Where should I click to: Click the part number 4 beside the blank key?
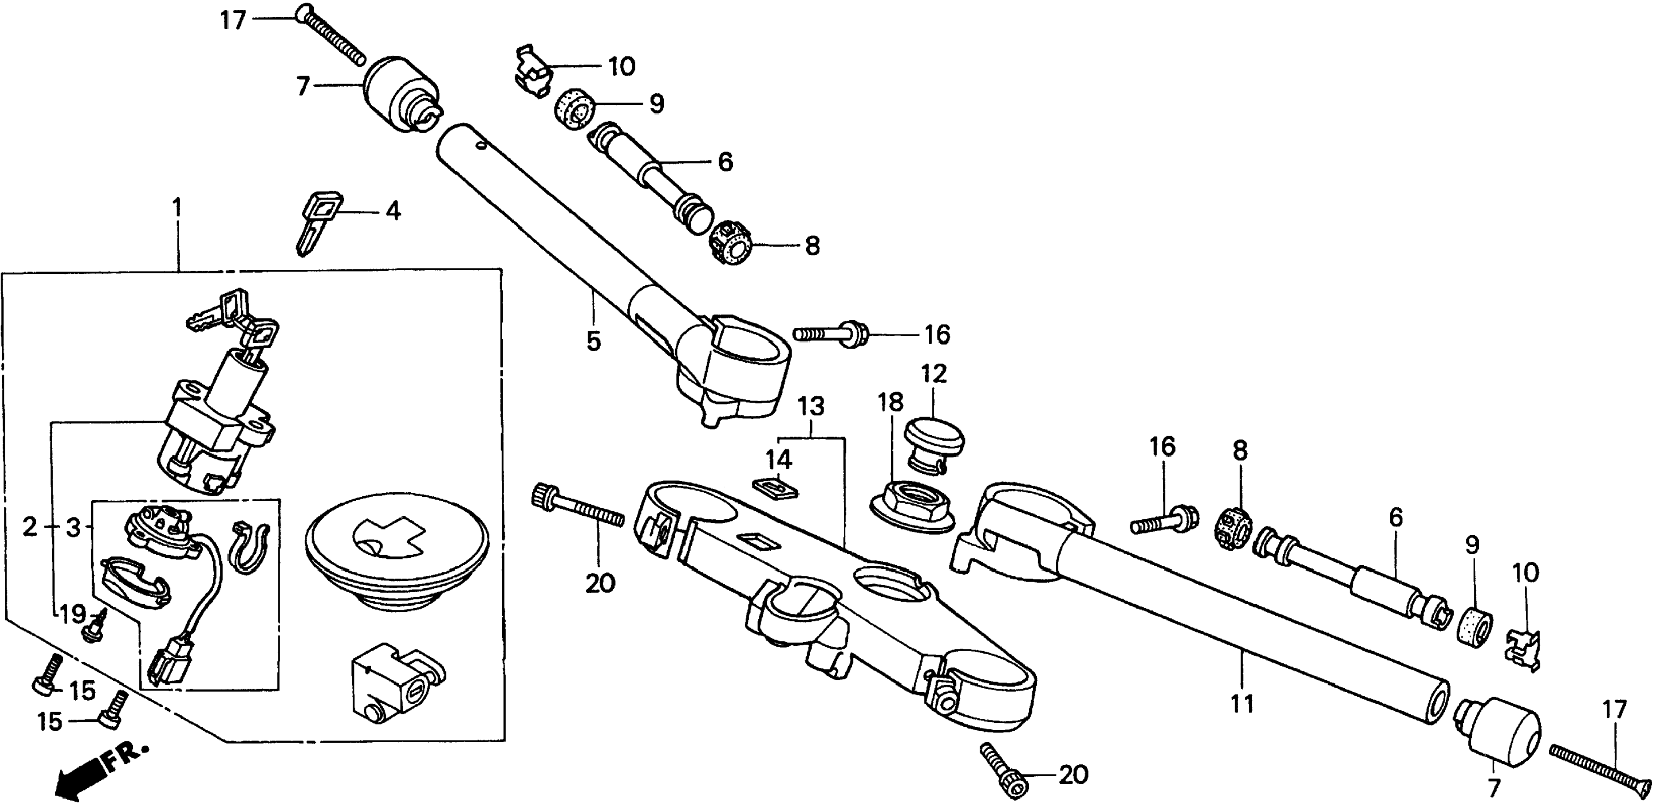[x=393, y=211]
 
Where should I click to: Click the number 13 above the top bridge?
[x=811, y=406]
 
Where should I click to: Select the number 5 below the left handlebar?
[x=593, y=341]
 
